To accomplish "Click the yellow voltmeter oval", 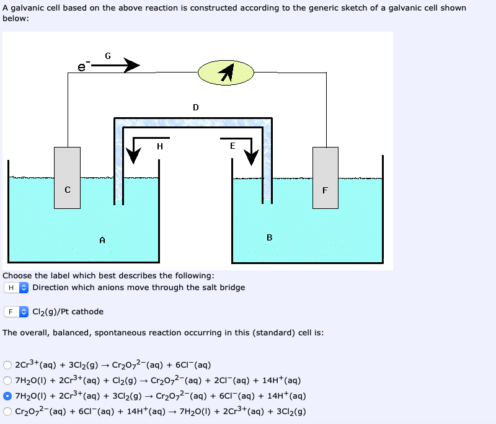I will (226, 73).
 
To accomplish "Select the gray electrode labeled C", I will (67, 174).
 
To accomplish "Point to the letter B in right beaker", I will (269, 237).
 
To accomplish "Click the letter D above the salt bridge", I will (196, 107).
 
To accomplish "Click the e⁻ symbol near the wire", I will (82, 66).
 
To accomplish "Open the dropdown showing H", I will (17, 288).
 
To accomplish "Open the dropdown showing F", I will (17, 312).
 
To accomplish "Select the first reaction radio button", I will (7, 365).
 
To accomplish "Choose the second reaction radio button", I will (7, 381).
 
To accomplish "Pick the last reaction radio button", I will (7, 411).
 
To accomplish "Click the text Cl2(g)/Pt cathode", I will (68, 312).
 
